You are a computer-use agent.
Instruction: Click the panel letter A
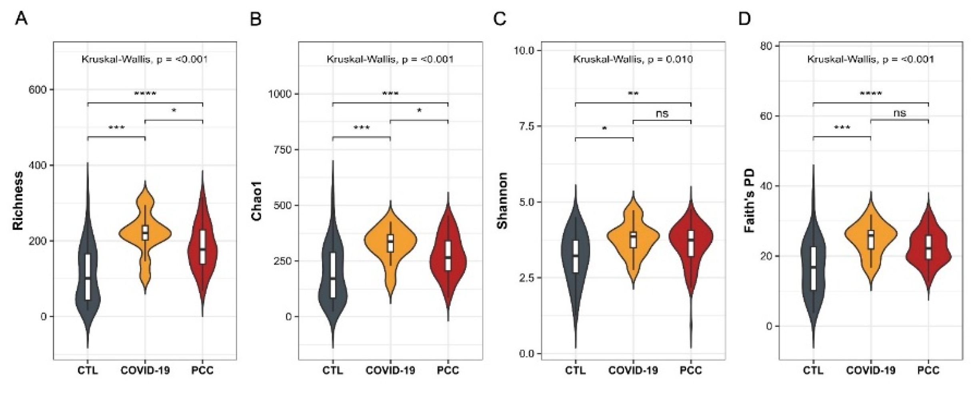pyautogui.click(x=21, y=18)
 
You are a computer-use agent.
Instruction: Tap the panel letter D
pyautogui.click(x=744, y=18)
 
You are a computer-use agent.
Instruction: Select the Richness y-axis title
pyautogui.click(x=18, y=201)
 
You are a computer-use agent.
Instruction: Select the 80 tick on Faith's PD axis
pyautogui.click(x=766, y=46)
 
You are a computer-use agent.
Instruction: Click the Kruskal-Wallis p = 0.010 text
pyautogui.click(x=633, y=60)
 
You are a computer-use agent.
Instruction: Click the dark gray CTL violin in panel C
pyautogui.click(x=575, y=256)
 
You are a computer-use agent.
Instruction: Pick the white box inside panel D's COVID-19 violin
pyautogui.click(x=871, y=239)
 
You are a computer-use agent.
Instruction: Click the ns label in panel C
pyautogui.click(x=662, y=114)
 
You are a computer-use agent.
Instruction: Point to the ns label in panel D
pyautogui.click(x=900, y=113)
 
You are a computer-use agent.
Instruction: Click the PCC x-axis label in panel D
pyautogui.click(x=928, y=370)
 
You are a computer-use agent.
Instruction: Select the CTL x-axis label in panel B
pyautogui.click(x=332, y=370)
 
